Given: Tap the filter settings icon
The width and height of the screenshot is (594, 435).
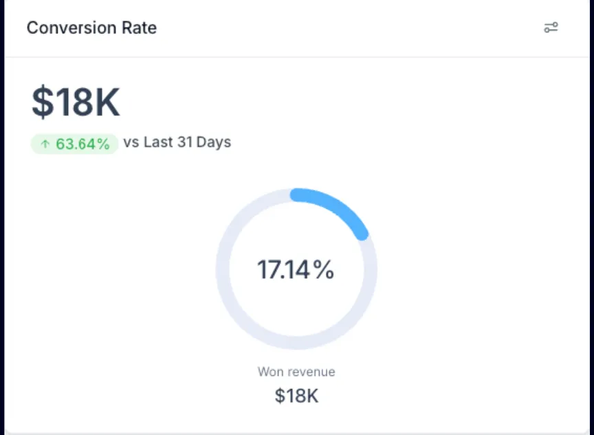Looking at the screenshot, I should pos(551,27).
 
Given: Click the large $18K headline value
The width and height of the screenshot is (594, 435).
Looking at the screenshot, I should pos(76,102).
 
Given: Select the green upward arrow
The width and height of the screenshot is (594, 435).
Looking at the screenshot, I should pos(45,144).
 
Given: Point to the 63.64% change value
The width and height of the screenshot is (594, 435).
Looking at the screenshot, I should pos(82,144).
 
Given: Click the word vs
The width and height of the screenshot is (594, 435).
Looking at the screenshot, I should pos(131,143).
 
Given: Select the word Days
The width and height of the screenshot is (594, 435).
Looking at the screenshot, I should pos(214,143).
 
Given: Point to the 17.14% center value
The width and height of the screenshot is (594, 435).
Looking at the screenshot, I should pos(296,270).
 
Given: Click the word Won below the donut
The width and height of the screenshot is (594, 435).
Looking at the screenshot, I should pos(270,372).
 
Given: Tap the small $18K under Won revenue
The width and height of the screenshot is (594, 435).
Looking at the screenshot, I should pos(296,396).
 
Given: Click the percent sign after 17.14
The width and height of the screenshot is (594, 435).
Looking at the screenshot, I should pos(324,270).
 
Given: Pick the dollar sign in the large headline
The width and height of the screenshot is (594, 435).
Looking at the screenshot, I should pos(41,102).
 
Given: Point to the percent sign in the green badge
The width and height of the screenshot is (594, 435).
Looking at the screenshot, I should pos(102,144).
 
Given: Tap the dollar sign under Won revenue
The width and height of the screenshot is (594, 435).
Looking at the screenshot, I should pos(279,396).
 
